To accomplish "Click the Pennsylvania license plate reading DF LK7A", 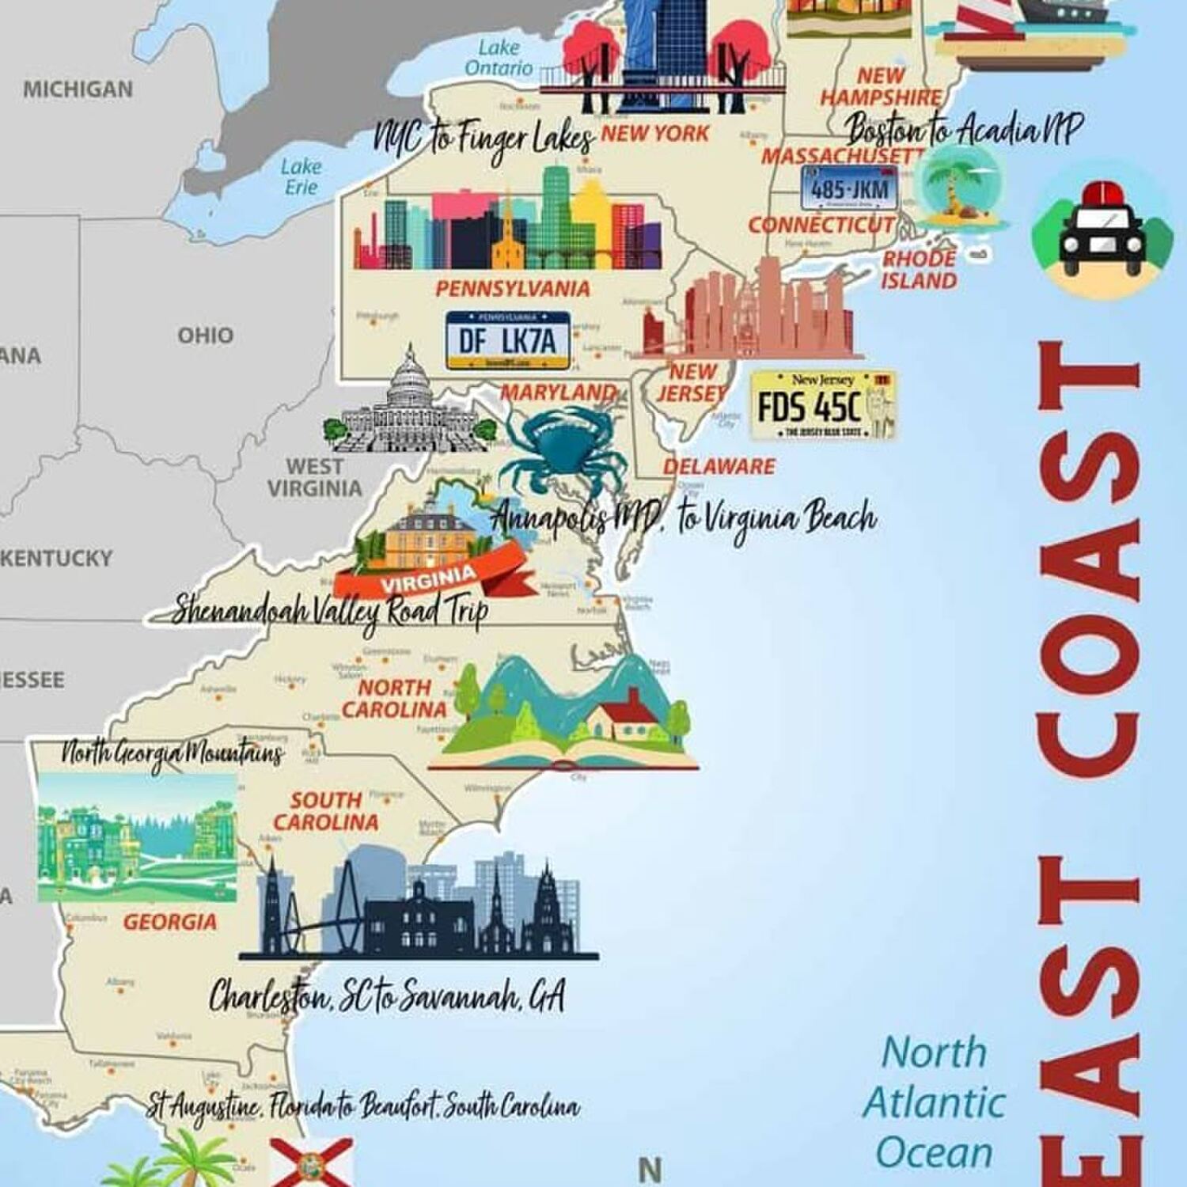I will click(507, 341).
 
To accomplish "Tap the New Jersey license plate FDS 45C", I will click(822, 405).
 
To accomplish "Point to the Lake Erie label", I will click(301, 176).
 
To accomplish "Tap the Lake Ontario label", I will click(499, 58).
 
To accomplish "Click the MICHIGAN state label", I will click(78, 89).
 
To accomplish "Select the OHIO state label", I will click(205, 336).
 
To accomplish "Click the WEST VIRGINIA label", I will click(314, 477).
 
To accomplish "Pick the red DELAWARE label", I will click(719, 466).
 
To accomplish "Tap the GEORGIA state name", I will click(169, 922).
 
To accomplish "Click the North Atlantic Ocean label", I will click(934, 1102).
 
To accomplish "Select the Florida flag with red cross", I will click(311, 1162).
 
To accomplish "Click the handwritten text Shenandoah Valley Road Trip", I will click(330, 610).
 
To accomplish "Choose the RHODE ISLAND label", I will click(920, 269).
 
